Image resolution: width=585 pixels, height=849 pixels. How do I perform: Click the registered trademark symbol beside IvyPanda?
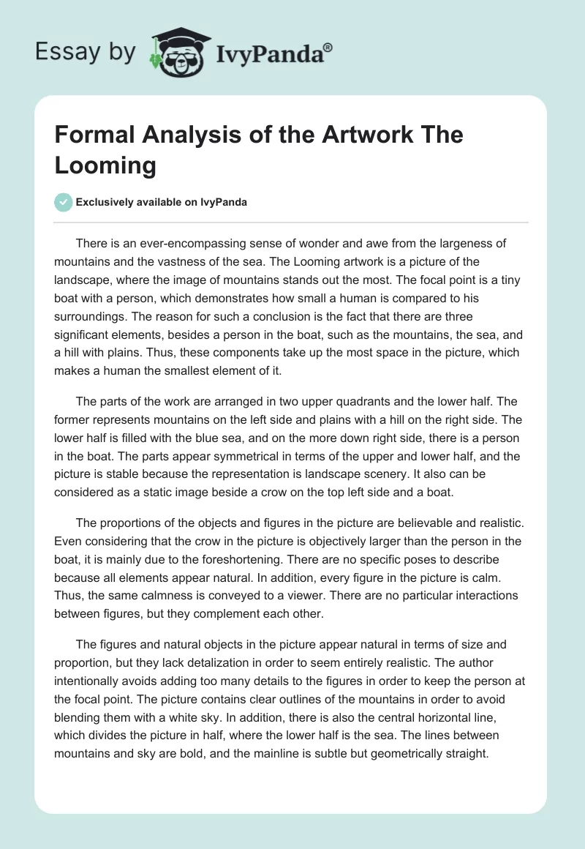328,48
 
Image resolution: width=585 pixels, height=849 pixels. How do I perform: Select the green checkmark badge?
64,202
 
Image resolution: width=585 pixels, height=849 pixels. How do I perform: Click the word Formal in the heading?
91,136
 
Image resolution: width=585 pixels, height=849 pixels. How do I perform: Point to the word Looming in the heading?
105,165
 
